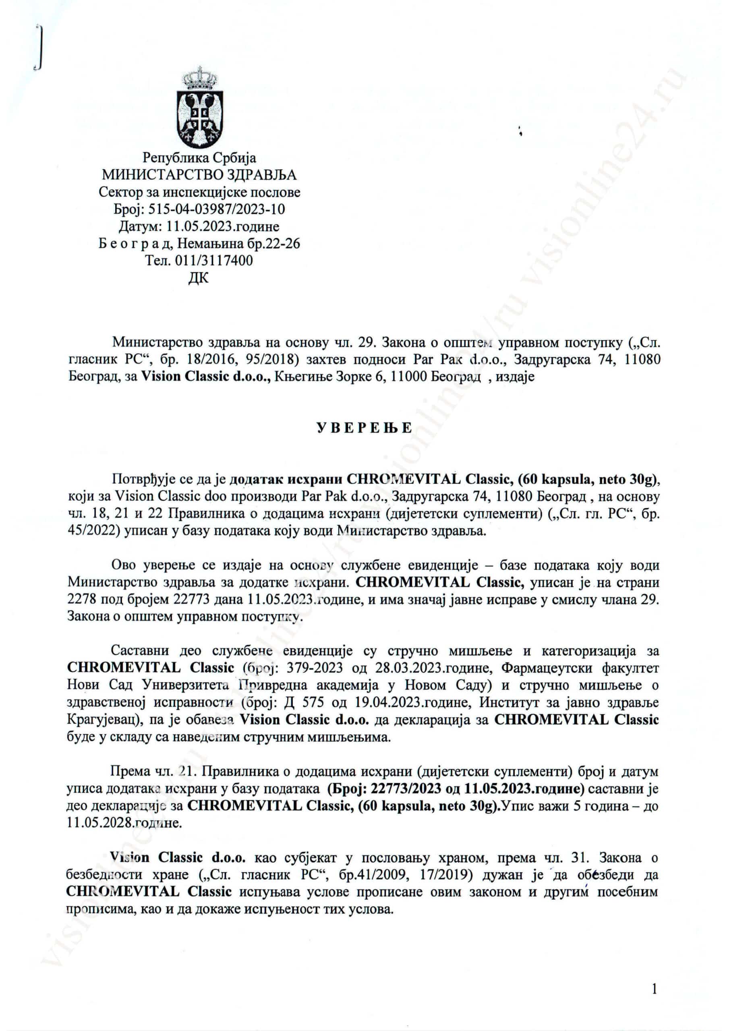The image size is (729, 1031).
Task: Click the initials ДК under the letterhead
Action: (199, 278)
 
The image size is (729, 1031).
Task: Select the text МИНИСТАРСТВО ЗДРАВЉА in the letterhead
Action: (199, 175)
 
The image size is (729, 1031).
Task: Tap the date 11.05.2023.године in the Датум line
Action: (223, 226)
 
